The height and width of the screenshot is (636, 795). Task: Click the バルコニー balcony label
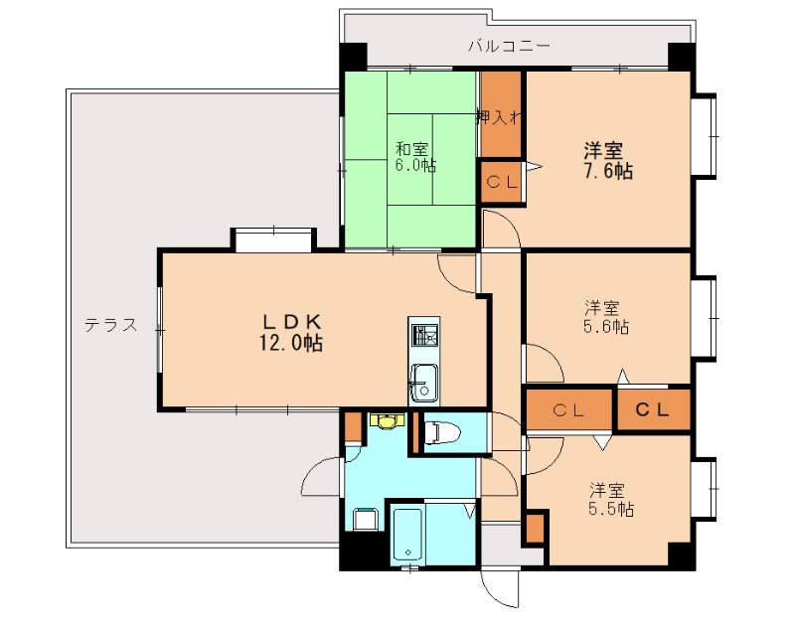coord(509,46)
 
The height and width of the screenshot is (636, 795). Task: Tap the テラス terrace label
coord(109,325)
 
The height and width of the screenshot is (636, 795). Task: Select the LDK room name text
coord(291,321)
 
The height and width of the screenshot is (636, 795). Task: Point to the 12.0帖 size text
coord(291,343)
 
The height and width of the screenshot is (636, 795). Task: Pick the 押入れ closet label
coord(500,117)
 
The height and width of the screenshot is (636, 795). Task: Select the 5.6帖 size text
coord(605,325)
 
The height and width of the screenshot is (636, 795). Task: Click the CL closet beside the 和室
coord(500,184)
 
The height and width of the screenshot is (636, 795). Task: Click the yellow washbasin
coord(384,420)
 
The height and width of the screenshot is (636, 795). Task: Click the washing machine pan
coord(365,519)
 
